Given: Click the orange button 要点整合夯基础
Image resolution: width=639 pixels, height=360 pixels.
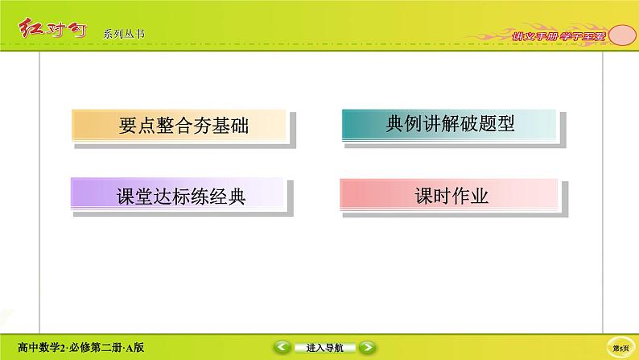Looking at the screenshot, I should (x=179, y=126).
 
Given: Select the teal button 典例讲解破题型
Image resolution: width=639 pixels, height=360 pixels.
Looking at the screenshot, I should (x=448, y=126).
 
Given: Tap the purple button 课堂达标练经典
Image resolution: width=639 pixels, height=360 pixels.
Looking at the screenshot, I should (x=179, y=197).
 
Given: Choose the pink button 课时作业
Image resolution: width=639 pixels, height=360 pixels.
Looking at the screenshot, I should (x=448, y=197).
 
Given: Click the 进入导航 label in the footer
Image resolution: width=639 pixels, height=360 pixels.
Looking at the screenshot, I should (x=324, y=348).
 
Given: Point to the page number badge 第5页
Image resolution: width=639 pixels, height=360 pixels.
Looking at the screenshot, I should (x=620, y=348).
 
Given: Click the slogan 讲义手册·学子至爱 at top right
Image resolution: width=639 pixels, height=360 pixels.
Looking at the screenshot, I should (x=554, y=35).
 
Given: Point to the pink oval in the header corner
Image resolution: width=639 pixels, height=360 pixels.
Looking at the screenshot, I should (x=619, y=35).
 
